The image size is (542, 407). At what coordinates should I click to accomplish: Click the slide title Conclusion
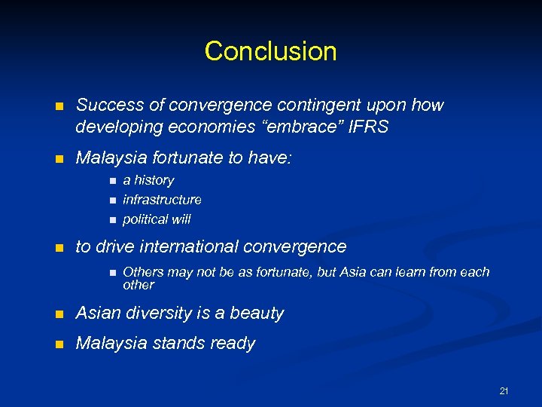[x=270, y=51]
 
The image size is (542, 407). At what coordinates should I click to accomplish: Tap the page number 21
[x=504, y=390]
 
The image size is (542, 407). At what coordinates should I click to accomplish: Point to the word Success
[x=105, y=106]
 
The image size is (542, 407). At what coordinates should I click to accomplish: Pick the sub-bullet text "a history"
[x=148, y=180]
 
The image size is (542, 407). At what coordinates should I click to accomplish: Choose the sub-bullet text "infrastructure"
[x=162, y=200]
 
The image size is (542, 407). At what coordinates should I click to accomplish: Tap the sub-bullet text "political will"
[x=157, y=219]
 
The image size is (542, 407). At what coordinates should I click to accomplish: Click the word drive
[x=114, y=246]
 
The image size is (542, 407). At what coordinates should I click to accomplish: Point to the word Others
[x=143, y=271]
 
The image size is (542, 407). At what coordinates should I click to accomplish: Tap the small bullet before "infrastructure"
[x=111, y=200]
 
